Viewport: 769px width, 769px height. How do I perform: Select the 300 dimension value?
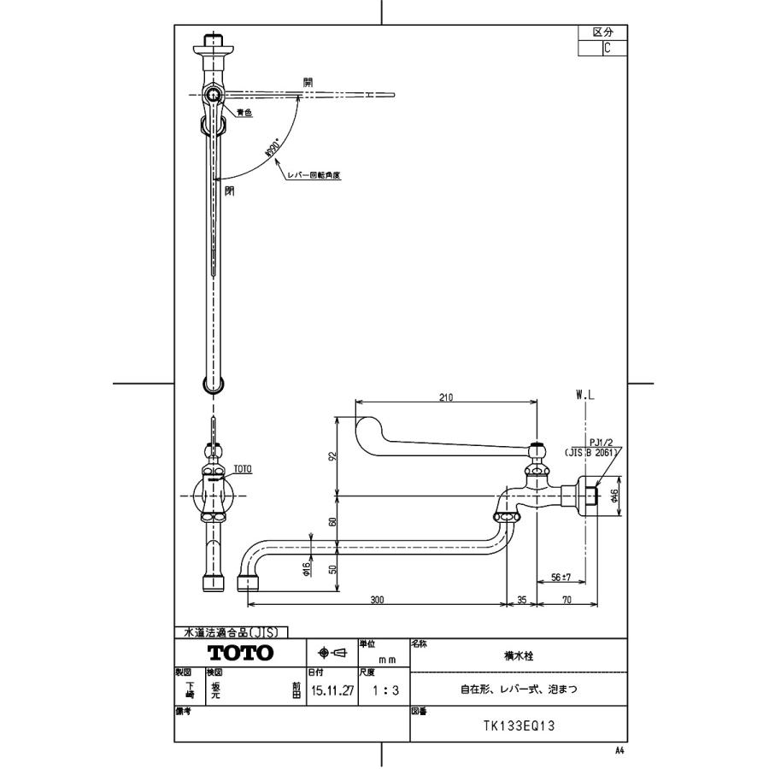[378, 600]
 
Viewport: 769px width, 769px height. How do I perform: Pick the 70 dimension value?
[567, 600]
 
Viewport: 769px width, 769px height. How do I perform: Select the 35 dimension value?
[522, 600]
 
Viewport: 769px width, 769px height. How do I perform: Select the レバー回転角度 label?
[314, 175]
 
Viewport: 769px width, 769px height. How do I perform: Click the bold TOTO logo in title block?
[242, 653]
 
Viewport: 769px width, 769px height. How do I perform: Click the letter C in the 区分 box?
[607, 49]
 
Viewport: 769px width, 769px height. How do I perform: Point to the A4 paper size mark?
[619, 749]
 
